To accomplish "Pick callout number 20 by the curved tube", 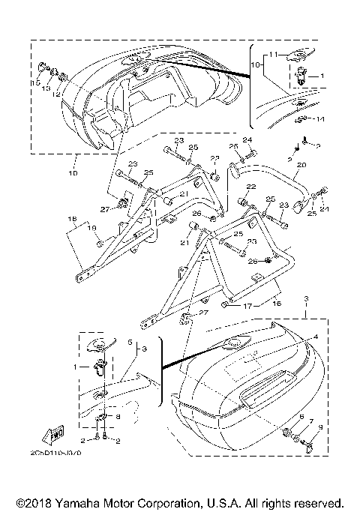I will tap(301, 165).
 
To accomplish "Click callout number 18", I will tap(73, 220).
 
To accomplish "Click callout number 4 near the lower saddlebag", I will tap(315, 337).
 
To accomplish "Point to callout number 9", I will tap(322, 427).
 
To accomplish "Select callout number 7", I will tap(312, 421).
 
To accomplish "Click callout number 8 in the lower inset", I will tap(117, 416).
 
